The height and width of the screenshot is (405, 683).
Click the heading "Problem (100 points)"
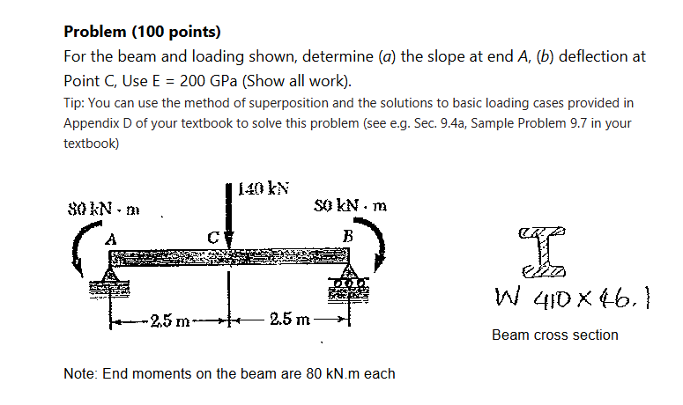click(142, 33)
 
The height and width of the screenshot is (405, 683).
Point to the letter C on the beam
click(212, 237)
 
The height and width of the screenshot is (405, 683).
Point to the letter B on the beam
click(348, 236)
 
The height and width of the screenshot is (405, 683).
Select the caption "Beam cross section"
click(554, 335)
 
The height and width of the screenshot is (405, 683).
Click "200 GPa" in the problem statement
click(204, 83)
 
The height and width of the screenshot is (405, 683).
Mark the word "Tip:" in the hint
click(74, 103)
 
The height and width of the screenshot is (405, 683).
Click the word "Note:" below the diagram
click(81, 374)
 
